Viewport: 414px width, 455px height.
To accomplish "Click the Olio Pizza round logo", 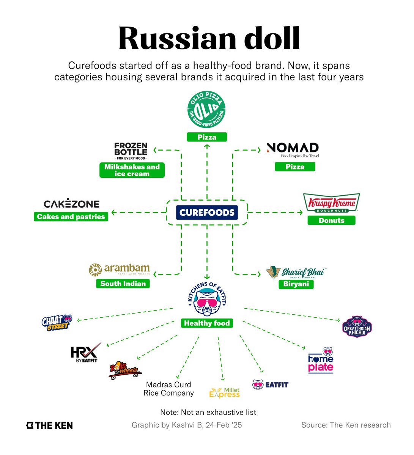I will click(207, 110).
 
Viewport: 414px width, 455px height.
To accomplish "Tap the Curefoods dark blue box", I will click(207, 212).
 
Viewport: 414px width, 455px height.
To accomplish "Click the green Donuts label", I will click(331, 220).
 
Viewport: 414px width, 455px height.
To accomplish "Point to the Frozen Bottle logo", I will click(131, 151).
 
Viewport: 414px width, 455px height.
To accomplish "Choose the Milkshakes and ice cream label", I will click(132, 170).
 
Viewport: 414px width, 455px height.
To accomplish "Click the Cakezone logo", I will click(71, 204).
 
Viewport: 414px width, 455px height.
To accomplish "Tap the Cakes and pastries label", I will click(71, 217).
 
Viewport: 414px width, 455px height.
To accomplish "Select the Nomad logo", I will click(293, 150).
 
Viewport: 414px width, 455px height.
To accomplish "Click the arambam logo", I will click(119, 269).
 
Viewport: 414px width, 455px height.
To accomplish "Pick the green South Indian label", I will click(123, 284).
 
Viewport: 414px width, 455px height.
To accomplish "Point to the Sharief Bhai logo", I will click(296, 272).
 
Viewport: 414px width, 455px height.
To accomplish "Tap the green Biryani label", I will click(296, 284).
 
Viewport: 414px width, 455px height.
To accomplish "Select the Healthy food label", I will click(207, 323).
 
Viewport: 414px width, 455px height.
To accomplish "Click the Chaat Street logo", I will click(57, 322).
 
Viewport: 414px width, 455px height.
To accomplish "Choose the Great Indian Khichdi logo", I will click(357, 326).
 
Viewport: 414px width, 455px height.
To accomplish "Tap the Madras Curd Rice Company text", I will click(169, 389).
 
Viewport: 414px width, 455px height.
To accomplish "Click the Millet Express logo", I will click(225, 393).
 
